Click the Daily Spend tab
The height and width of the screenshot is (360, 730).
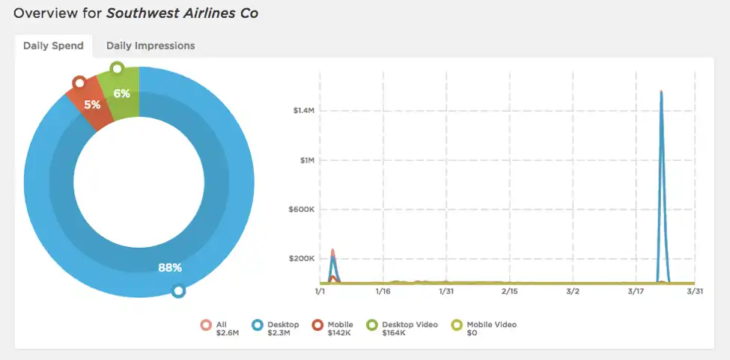[54, 46]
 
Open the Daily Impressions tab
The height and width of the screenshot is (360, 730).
[150, 46]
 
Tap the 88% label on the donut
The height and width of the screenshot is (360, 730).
[169, 267]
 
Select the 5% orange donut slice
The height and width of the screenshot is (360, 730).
[91, 105]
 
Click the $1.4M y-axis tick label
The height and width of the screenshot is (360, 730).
[302, 111]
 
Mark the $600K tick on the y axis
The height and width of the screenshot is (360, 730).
[302, 210]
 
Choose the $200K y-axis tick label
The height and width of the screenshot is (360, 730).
[302, 259]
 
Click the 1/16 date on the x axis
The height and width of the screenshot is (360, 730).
[383, 292]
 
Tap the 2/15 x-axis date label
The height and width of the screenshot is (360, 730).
[510, 292]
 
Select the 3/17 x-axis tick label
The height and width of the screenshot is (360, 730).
[636, 292]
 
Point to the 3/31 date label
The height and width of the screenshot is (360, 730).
[695, 292]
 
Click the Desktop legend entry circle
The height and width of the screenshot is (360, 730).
[257, 325]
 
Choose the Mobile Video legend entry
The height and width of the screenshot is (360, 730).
[484, 329]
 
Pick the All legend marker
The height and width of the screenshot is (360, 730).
[206, 325]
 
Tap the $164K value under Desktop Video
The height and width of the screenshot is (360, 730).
[393, 333]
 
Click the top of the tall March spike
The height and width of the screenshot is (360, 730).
[661, 91]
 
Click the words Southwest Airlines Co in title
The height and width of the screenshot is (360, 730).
[182, 13]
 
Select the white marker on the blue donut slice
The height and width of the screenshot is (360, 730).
[178, 291]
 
